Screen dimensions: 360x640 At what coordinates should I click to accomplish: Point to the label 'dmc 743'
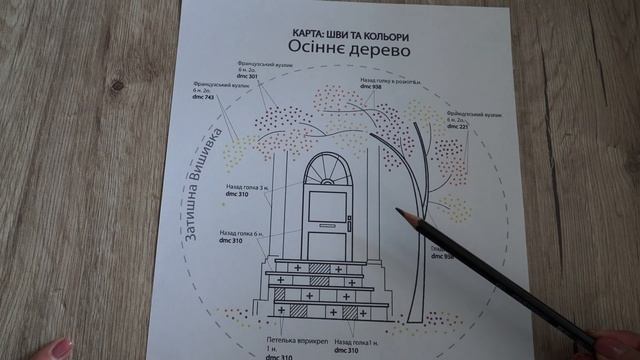[202, 96]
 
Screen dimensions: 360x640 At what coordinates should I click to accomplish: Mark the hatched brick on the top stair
[318, 269]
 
